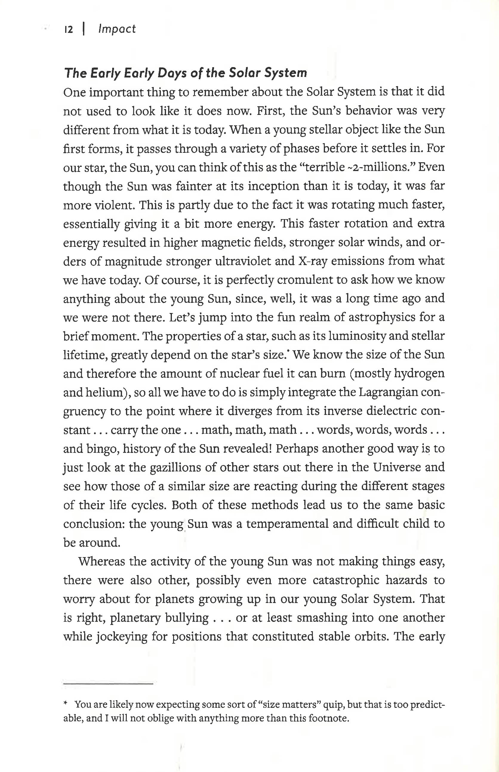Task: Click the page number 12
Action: [x=69, y=30]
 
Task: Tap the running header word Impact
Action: [x=117, y=29]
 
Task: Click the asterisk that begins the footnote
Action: [x=65, y=712]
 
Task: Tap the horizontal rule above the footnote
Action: [x=108, y=684]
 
